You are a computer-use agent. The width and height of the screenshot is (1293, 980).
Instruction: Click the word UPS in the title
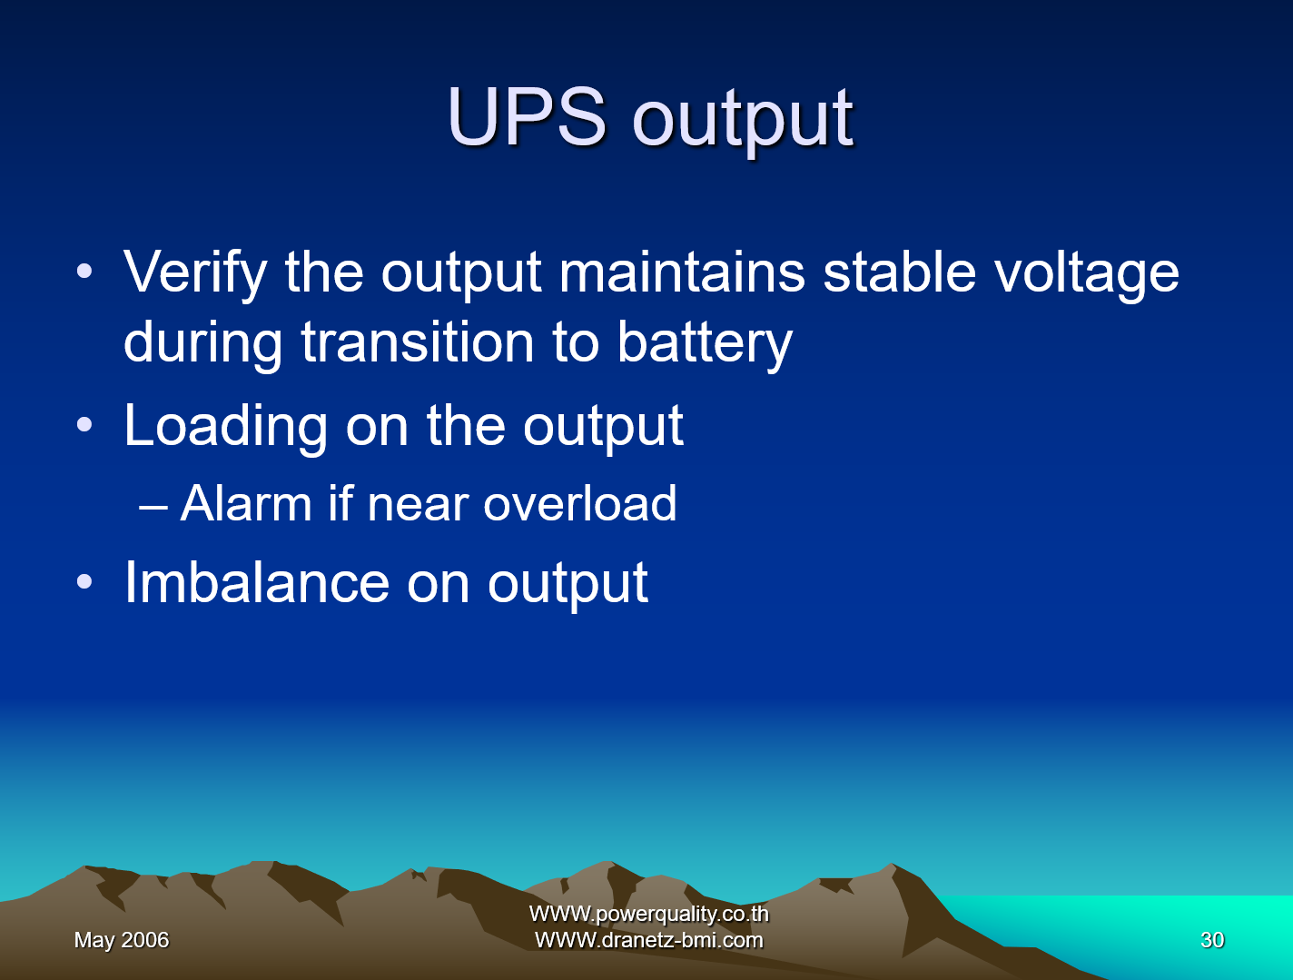point(526,117)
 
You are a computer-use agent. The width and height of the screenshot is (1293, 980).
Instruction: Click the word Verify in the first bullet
point(195,272)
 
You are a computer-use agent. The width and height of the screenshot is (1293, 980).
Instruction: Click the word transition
point(418,342)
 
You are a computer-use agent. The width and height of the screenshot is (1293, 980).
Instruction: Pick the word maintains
point(682,272)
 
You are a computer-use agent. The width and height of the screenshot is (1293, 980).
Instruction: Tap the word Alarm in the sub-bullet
point(246,503)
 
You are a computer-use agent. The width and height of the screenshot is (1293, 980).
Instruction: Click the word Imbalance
point(257,582)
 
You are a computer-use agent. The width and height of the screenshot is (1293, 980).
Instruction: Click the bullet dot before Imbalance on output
point(84,583)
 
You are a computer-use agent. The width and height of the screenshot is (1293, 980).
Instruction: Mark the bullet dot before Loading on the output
point(84,425)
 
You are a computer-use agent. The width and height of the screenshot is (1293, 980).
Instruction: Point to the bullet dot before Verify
point(84,272)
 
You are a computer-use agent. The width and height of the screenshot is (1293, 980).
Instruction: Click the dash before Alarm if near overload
point(153,506)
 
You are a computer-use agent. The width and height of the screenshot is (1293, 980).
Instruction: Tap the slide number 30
point(1212,940)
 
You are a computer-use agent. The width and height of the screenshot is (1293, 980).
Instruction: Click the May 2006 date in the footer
point(122,940)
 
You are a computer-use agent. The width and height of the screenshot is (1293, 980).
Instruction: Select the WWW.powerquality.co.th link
point(648,914)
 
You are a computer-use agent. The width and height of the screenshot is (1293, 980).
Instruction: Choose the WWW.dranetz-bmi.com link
point(648,940)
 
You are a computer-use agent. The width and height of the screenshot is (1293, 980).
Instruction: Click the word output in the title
point(743,119)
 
